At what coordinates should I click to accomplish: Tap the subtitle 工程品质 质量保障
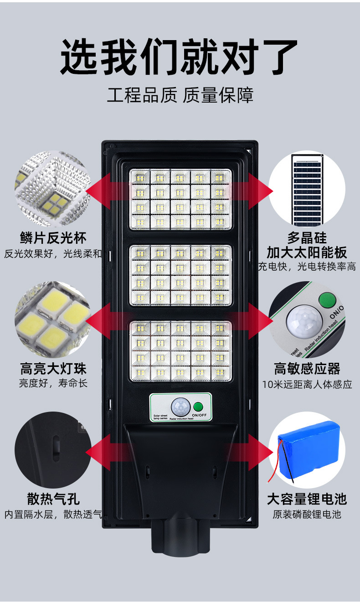[x=180, y=95]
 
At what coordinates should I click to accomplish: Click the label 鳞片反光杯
[x=53, y=237]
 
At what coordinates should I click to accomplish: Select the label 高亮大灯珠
[x=53, y=368]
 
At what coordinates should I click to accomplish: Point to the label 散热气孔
[x=53, y=499]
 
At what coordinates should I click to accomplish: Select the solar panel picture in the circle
[x=307, y=189]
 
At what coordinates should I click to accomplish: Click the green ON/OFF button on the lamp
[x=198, y=407]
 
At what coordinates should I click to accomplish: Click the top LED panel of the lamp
[x=180, y=199]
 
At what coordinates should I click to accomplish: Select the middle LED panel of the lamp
[x=180, y=275]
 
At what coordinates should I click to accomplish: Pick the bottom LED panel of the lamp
[x=180, y=350]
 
